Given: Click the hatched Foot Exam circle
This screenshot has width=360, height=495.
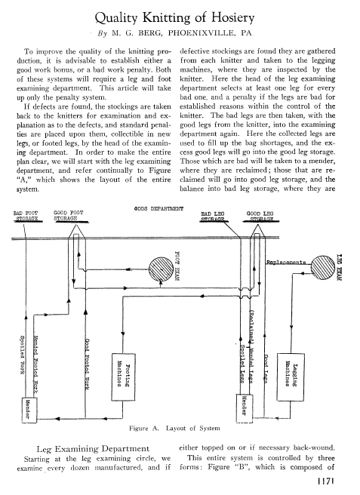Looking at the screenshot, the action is [x=161, y=269].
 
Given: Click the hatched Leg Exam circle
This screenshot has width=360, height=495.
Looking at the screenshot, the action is [x=323, y=267].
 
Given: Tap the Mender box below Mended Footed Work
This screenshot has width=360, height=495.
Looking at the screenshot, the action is [x=29, y=410].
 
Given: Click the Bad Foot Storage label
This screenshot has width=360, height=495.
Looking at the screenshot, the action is [x=26, y=216].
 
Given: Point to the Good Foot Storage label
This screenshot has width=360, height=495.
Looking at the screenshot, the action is [x=68, y=216].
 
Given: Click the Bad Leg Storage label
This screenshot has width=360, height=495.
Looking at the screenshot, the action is [x=213, y=217].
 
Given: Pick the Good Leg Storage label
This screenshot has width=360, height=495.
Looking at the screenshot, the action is [x=260, y=217].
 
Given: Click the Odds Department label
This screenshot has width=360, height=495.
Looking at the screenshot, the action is [x=158, y=209].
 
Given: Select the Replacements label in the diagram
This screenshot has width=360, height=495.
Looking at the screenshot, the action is [x=286, y=262].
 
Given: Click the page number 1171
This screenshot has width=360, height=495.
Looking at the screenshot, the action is [x=325, y=481].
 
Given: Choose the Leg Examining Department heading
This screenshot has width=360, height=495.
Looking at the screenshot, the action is [x=93, y=448].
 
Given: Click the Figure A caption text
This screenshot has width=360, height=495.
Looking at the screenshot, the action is [x=174, y=429].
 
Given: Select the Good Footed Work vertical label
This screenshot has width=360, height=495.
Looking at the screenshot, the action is [x=87, y=364].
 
